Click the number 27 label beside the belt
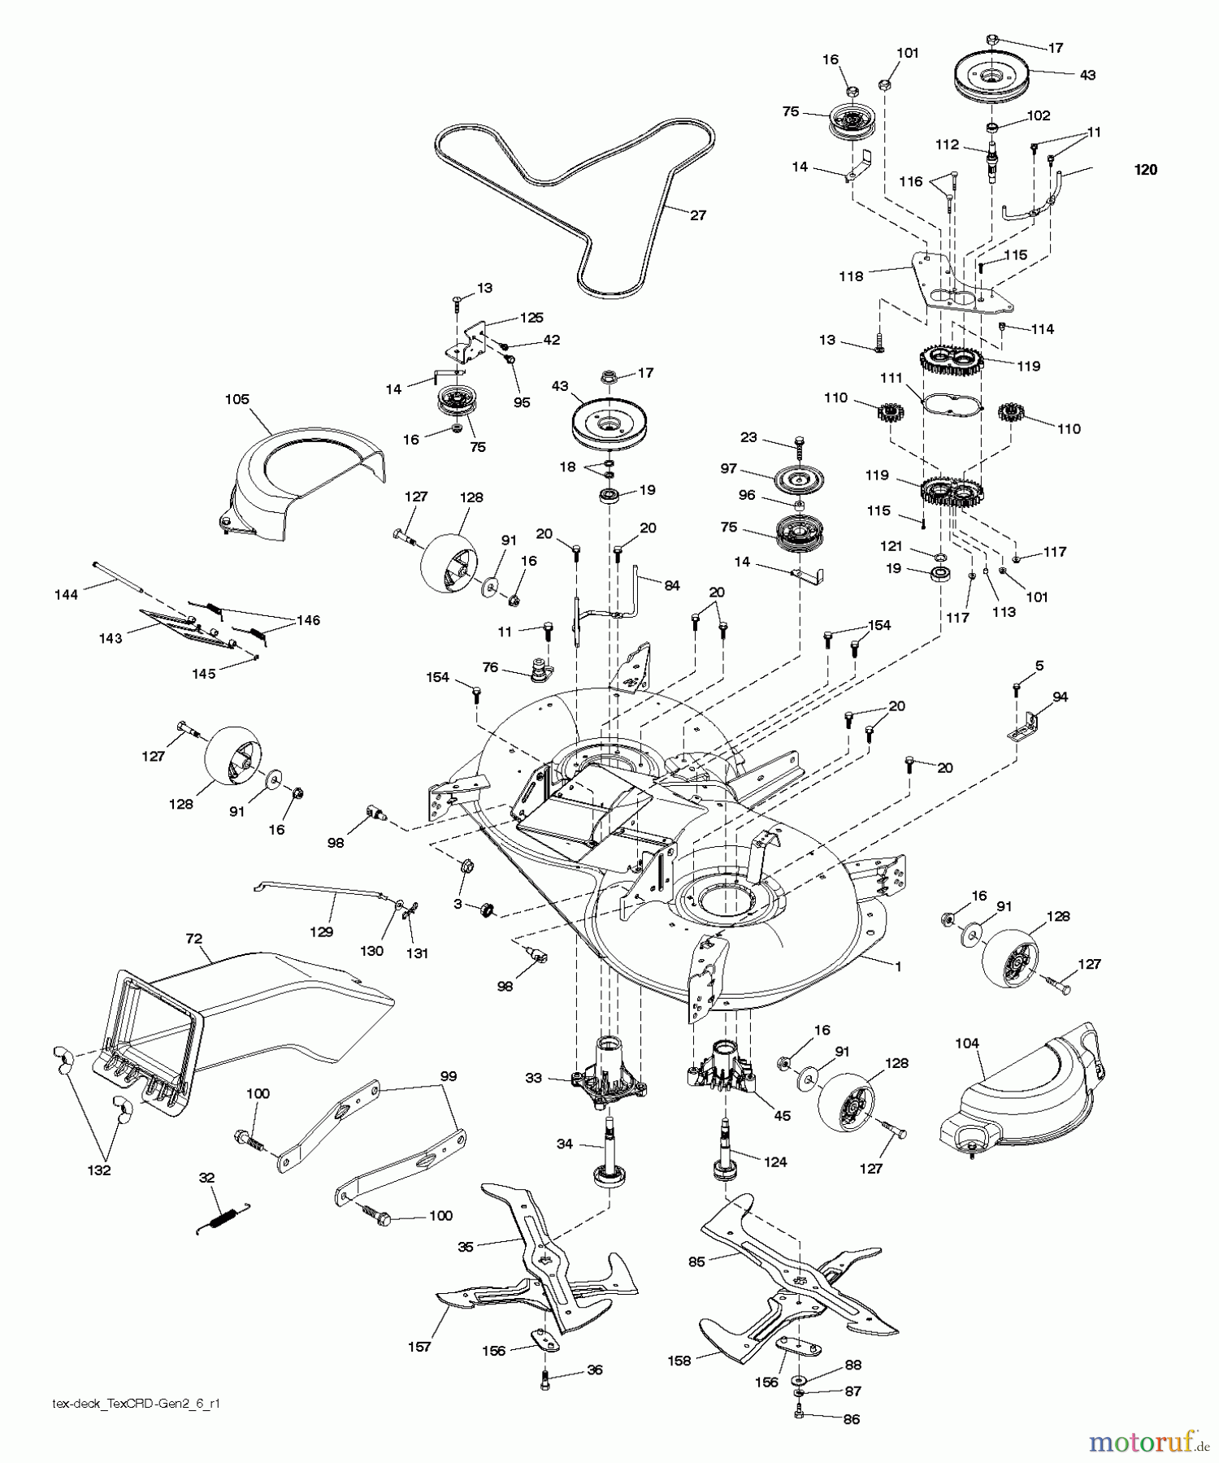pos(697,215)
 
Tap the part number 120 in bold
pos(1146,170)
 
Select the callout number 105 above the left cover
pos(237,399)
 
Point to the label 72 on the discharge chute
pos(193,939)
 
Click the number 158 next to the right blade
pos(678,1361)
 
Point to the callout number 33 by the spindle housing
pos(533,1079)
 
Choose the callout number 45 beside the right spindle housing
pos(782,1116)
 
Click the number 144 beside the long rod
pos(66,594)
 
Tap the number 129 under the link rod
pos(322,931)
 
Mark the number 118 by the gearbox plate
pos(851,276)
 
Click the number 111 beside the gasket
pos(891,379)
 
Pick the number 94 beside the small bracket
pos(1060,697)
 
